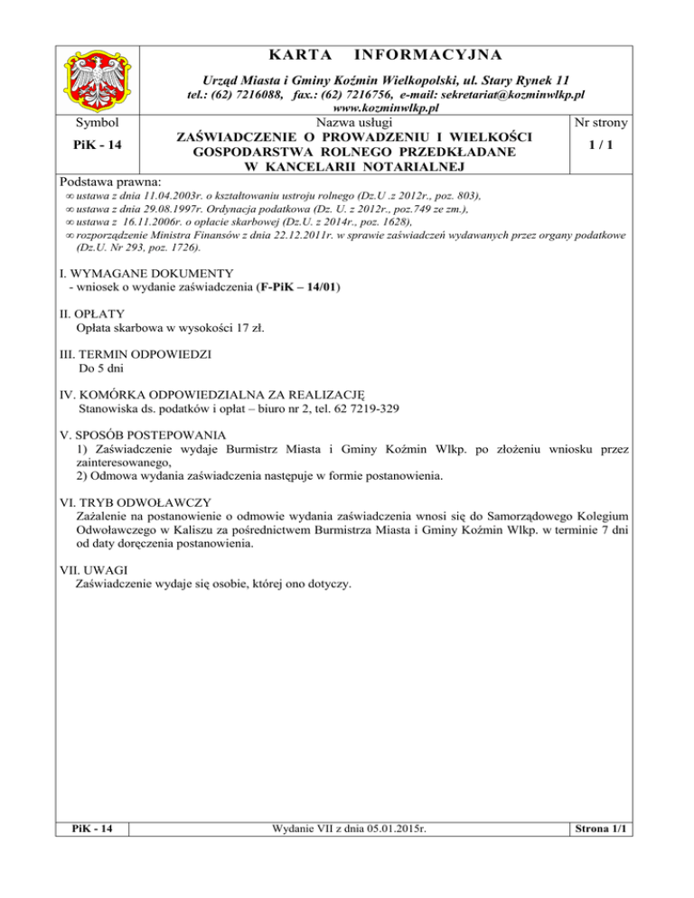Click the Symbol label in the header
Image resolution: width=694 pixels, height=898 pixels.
(93, 121)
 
